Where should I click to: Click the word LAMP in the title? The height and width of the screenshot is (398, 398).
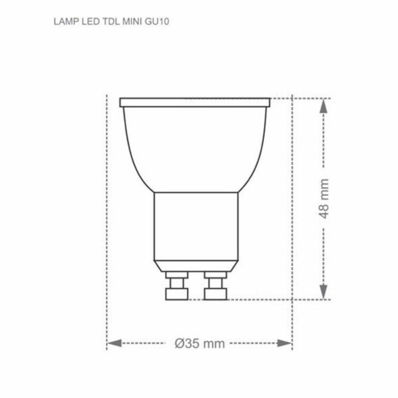(62, 23)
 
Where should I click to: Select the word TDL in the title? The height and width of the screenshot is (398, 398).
(103, 23)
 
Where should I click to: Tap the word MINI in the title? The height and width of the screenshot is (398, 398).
(123, 23)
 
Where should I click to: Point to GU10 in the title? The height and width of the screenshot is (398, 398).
(146, 23)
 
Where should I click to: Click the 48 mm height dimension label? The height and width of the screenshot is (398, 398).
(324, 199)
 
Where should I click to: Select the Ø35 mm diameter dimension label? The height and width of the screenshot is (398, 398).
(199, 343)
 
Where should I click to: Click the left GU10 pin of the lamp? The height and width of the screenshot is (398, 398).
(176, 286)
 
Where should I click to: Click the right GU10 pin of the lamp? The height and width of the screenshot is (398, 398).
(215, 286)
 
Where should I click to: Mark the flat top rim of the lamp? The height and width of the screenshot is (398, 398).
(195, 102)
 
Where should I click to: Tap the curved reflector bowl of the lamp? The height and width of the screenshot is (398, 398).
(195, 149)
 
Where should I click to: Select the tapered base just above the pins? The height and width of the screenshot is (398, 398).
(196, 265)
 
